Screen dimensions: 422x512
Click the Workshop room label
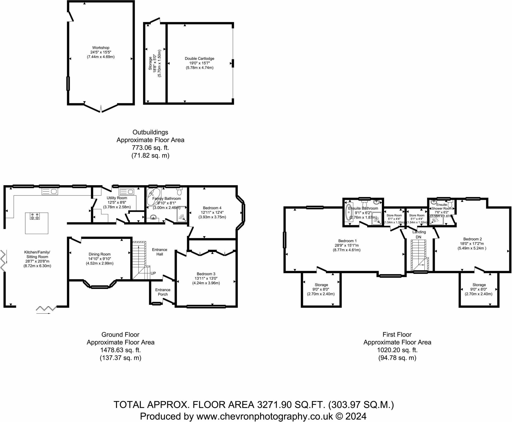(101, 47)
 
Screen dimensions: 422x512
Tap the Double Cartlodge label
(199, 58)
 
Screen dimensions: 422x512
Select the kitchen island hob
(35, 216)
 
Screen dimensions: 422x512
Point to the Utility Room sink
(127, 192)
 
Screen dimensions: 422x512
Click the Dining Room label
(99, 254)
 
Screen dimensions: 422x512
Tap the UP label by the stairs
(153, 273)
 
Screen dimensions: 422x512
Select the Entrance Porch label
(163, 292)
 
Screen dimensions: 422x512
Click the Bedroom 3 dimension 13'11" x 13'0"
(206, 278)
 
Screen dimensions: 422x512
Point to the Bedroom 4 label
(212, 208)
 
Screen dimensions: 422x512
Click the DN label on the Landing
(418, 237)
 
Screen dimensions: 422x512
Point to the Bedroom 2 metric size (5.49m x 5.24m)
(472, 248)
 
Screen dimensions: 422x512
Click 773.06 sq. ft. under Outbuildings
(150, 148)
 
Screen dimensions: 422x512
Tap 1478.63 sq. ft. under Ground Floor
(120, 350)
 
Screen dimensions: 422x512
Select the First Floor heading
(397, 334)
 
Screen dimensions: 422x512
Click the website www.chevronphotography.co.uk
(264, 416)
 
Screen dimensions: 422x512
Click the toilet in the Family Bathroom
(179, 191)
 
